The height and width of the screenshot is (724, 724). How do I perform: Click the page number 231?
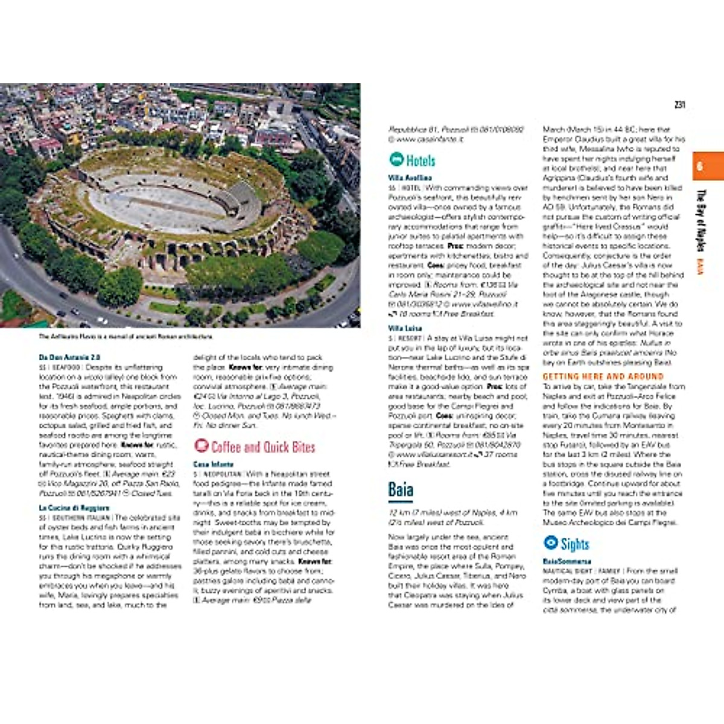pos(679,105)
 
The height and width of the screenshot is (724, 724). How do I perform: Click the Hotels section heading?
pos(421,160)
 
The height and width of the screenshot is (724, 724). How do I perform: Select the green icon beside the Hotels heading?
pos(396,159)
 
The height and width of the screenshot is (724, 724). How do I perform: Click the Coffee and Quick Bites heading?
pos(263,447)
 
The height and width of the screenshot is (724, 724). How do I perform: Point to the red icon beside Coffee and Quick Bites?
pos(201,446)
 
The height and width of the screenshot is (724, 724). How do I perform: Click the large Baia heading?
pos(401,489)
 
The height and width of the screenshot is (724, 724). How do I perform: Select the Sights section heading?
pos(574,544)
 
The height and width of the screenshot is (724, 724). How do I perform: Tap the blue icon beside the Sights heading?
pos(550,542)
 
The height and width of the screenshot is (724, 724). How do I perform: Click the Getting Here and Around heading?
pos(603,376)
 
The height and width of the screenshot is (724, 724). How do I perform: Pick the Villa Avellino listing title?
pos(410,178)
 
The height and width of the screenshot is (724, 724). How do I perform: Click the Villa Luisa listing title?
pos(405,329)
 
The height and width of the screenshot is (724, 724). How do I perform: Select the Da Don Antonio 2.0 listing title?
pos(69,357)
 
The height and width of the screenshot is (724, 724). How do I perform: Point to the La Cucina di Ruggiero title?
pos(74,508)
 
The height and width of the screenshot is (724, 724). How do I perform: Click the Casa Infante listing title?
pos(213,464)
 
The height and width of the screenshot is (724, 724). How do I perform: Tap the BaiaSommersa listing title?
pos(567,561)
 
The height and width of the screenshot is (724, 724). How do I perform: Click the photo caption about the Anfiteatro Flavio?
pos(125,337)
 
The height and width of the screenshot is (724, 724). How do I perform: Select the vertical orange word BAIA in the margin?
pos(700,267)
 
